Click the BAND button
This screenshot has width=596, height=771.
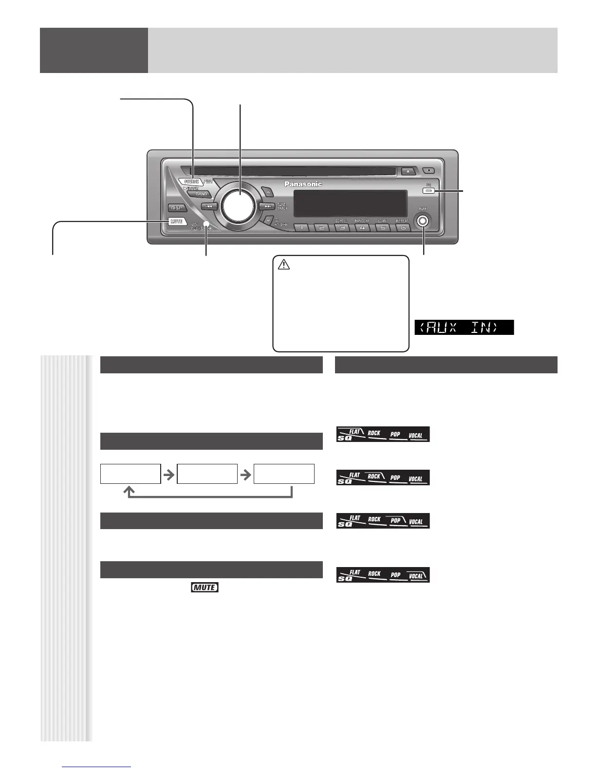click(x=201, y=194)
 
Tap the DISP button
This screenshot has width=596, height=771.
click(x=176, y=208)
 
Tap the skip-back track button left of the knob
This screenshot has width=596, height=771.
click(x=208, y=206)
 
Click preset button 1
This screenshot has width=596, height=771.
click(x=302, y=227)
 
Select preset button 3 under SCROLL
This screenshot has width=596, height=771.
click(x=342, y=227)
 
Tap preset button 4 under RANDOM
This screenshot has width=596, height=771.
click(x=362, y=227)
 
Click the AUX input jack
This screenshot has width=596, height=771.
click(x=423, y=221)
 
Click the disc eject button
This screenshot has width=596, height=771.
click(x=408, y=171)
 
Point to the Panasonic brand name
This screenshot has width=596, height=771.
click(x=303, y=184)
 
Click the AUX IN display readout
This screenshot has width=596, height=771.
click(x=464, y=327)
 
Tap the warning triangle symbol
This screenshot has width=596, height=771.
click(x=284, y=265)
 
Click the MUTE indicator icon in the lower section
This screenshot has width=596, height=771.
click(x=205, y=587)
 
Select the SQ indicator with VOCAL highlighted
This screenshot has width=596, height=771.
click(x=383, y=575)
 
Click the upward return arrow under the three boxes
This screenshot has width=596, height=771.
click(x=130, y=492)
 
